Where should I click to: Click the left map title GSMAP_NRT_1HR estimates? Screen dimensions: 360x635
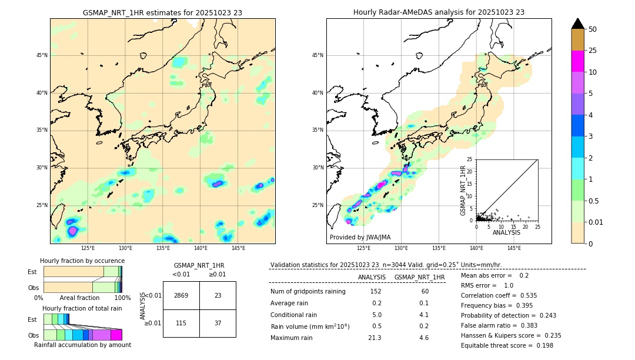coord(162,12)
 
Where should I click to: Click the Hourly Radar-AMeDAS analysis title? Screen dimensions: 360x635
coord(439,12)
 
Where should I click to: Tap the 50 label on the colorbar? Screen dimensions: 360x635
coord(593,29)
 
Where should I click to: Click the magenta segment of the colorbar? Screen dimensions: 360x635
coord(578,61)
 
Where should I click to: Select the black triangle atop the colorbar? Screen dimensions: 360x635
coord(578,24)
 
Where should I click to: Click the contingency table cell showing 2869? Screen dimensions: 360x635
coord(181,295)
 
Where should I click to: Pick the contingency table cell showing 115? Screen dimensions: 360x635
coord(181,323)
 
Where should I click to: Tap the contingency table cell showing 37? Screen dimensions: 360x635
coord(218,323)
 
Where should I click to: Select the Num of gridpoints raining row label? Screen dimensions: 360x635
coord(308,291)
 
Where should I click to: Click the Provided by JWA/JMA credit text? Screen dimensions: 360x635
coord(360,237)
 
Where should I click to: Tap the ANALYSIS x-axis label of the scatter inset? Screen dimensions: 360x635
coord(506,232)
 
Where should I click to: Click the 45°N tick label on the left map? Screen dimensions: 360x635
coord(42,55)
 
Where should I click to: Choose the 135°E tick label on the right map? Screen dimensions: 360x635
coord(439,248)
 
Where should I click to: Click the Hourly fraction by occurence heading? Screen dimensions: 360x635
coord(82,261)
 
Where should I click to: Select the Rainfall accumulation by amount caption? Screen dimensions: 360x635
coord(82,345)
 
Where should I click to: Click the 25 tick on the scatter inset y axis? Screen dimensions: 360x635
coord(470,159)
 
